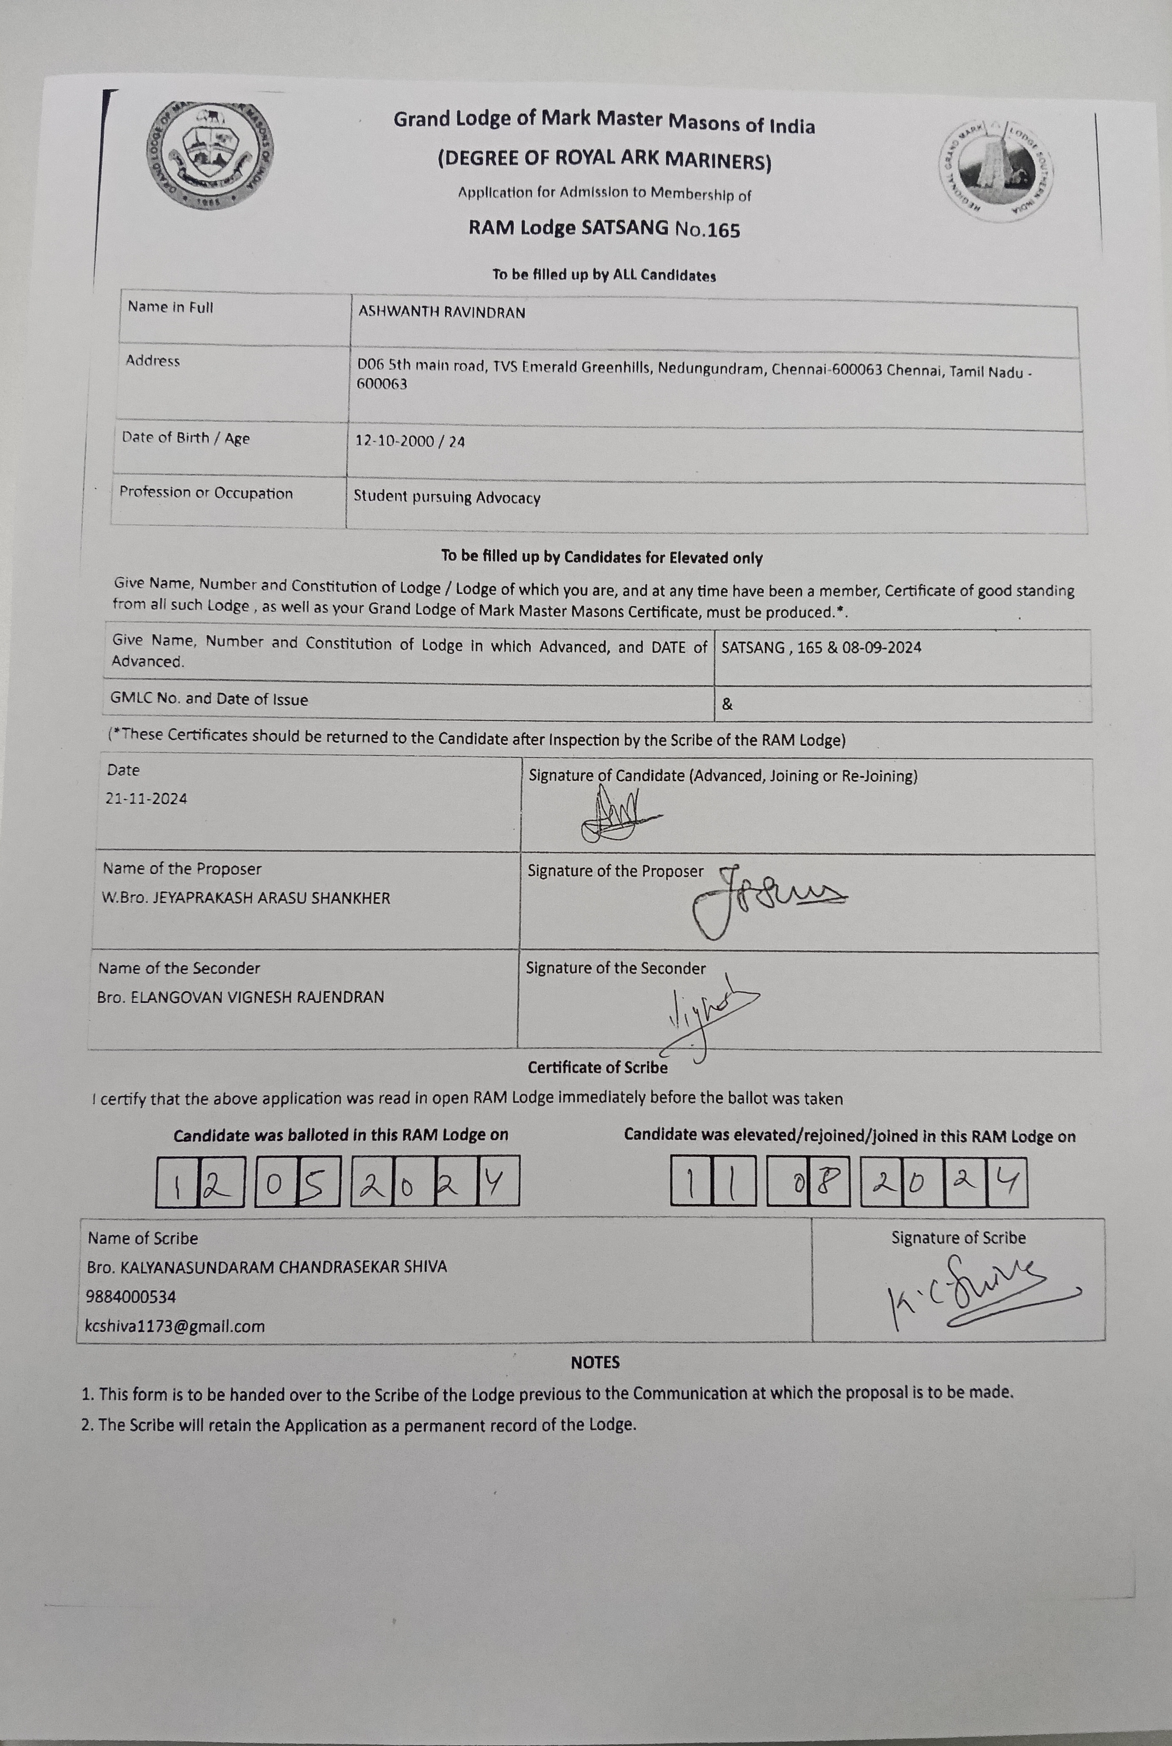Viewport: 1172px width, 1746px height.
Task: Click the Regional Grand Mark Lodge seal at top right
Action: click(x=996, y=169)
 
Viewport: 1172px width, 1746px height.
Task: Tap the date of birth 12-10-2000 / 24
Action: click(x=410, y=441)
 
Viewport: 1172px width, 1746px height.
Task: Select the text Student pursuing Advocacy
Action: click(x=446, y=497)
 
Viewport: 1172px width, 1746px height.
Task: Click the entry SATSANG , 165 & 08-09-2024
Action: click(x=820, y=648)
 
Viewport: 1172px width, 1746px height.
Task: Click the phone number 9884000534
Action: click(x=131, y=1297)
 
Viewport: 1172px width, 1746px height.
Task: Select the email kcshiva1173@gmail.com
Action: click(x=175, y=1326)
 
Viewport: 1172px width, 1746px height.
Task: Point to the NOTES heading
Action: click(x=595, y=1362)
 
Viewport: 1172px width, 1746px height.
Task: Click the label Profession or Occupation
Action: click(x=206, y=493)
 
